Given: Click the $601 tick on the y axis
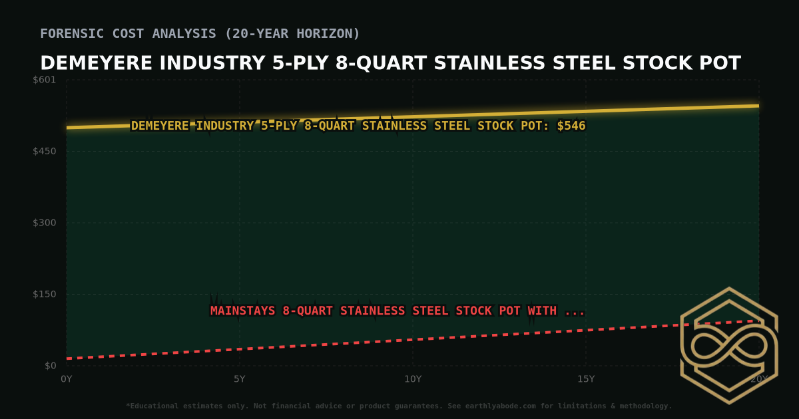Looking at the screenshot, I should (45, 80).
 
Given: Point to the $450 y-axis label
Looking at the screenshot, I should (45, 151).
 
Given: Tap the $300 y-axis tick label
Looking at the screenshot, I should (45, 223).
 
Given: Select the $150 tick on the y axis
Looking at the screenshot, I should (45, 294).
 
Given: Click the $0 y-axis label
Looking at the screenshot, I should (50, 366).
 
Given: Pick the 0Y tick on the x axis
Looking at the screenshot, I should (67, 379).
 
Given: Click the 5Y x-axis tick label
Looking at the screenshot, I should (240, 379).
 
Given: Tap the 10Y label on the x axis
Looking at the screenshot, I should (413, 379).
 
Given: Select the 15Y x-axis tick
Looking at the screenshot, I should (586, 379).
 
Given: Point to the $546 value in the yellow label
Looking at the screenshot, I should (571, 126).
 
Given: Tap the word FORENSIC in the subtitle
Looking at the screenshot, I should (69, 33).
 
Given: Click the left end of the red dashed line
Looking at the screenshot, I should (67, 359).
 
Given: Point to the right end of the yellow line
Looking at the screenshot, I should (758, 106).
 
